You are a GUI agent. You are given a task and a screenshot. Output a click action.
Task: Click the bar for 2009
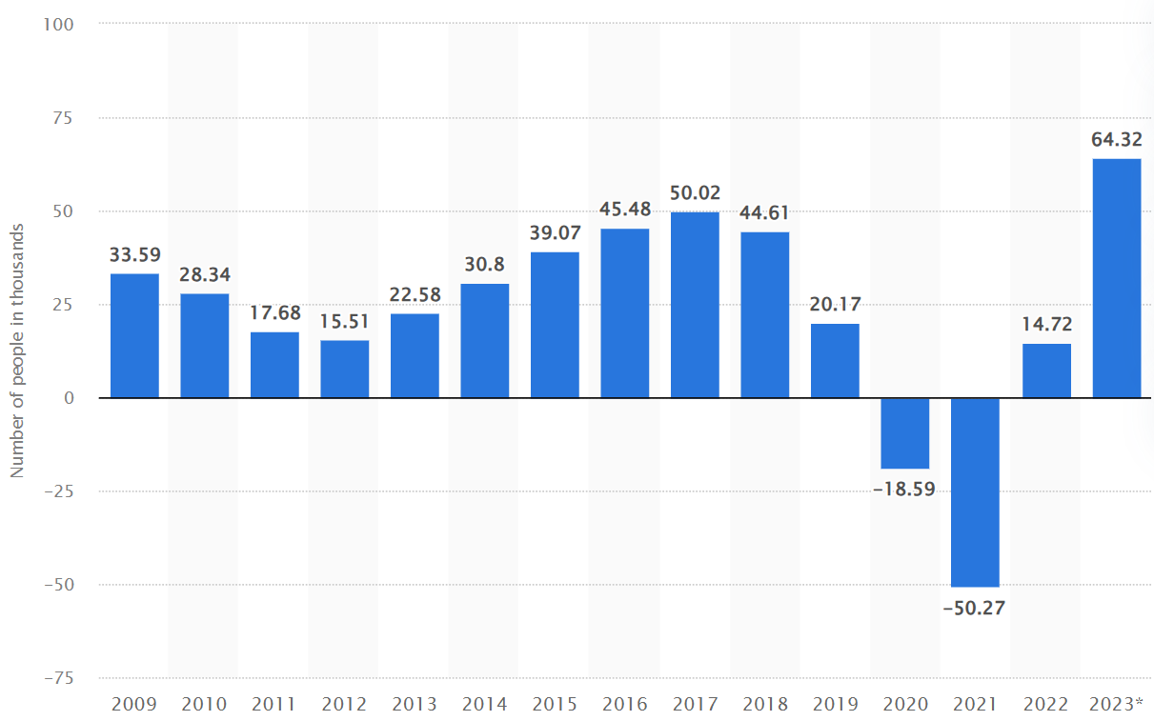tap(134, 335)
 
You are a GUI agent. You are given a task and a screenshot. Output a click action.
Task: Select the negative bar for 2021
tap(976, 491)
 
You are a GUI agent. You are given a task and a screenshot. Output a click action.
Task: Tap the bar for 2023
tap(1116, 278)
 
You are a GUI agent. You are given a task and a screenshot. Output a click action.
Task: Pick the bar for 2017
tap(695, 305)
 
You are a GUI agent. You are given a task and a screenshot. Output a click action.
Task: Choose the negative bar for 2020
tap(905, 433)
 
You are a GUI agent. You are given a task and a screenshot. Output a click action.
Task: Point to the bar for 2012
tap(345, 369)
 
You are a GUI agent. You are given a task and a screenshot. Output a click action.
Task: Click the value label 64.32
tap(1116, 140)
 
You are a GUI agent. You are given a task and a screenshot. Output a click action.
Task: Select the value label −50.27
tap(976, 607)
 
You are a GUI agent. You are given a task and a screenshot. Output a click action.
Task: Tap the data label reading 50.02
tap(695, 193)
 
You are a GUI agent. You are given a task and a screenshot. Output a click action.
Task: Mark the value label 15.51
tap(345, 322)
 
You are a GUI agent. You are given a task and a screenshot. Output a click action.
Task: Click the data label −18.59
tap(905, 489)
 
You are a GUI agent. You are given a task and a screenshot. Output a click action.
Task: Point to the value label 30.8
tap(485, 266)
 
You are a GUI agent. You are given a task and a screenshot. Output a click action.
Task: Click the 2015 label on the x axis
tap(555, 705)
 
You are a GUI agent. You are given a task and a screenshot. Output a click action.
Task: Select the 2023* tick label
tap(1117, 705)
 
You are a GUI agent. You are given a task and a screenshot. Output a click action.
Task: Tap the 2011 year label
tap(274, 705)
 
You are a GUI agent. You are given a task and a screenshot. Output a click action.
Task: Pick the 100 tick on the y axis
tap(58, 24)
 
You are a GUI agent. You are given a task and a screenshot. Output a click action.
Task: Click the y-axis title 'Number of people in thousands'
tap(16, 350)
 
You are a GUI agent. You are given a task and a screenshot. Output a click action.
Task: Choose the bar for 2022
tap(1046, 371)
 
